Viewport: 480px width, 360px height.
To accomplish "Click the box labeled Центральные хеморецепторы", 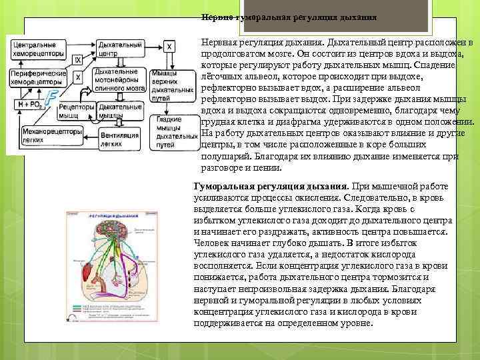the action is coord(38,48).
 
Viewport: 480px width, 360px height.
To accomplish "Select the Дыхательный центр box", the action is coord(117,47).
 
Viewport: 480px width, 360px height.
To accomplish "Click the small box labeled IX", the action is coord(78,60).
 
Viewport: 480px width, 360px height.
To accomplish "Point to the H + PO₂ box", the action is coord(29,104).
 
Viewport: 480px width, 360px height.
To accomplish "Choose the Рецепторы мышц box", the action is coord(76,110).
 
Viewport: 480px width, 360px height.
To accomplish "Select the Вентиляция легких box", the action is coord(117,139).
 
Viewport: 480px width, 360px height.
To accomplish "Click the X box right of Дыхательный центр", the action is coord(170,46).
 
